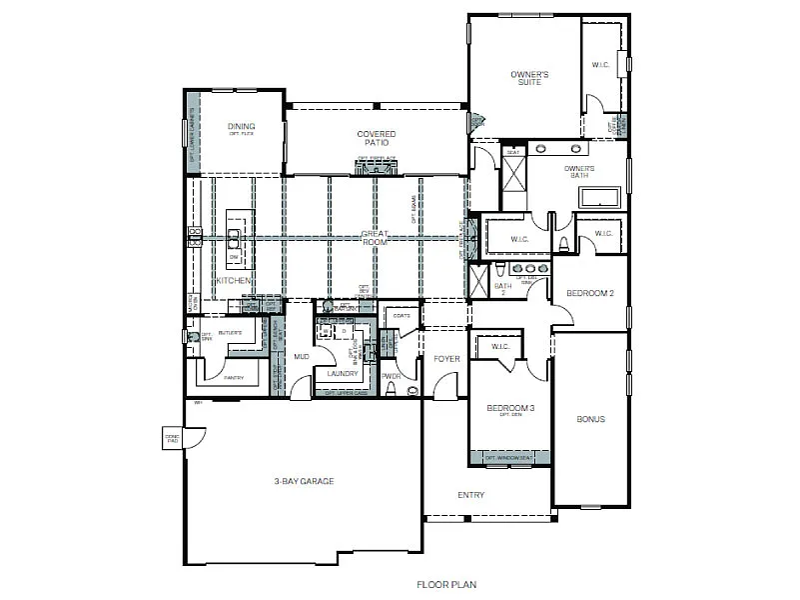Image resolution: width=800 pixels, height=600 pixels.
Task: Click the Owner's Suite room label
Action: [x=529, y=78]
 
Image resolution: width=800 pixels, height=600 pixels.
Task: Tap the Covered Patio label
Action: [x=376, y=138]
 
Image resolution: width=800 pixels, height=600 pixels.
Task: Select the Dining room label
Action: [x=241, y=127]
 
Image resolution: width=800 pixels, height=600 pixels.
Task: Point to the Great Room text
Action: [x=375, y=238]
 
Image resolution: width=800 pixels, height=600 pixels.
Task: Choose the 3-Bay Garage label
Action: [x=304, y=481]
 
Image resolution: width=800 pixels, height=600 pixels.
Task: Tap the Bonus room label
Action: [x=590, y=419]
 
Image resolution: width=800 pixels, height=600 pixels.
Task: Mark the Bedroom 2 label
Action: [x=588, y=293]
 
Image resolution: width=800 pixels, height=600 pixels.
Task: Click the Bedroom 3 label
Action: [x=510, y=409]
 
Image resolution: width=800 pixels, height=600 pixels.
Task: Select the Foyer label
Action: [x=445, y=359]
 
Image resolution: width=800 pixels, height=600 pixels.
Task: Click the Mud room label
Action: [x=301, y=356]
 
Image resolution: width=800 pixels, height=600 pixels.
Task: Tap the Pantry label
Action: [x=234, y=378]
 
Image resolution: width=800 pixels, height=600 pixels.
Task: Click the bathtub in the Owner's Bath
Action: [x=599, y=197]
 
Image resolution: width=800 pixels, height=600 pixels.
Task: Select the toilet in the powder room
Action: [x=391, y=390]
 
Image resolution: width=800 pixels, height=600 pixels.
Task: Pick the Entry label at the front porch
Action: [x=470, y=495]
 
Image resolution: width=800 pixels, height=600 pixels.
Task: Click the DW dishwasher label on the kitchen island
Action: [x=234, y=256]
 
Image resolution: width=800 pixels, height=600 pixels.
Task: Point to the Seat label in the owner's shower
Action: [x=513, y=152]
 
